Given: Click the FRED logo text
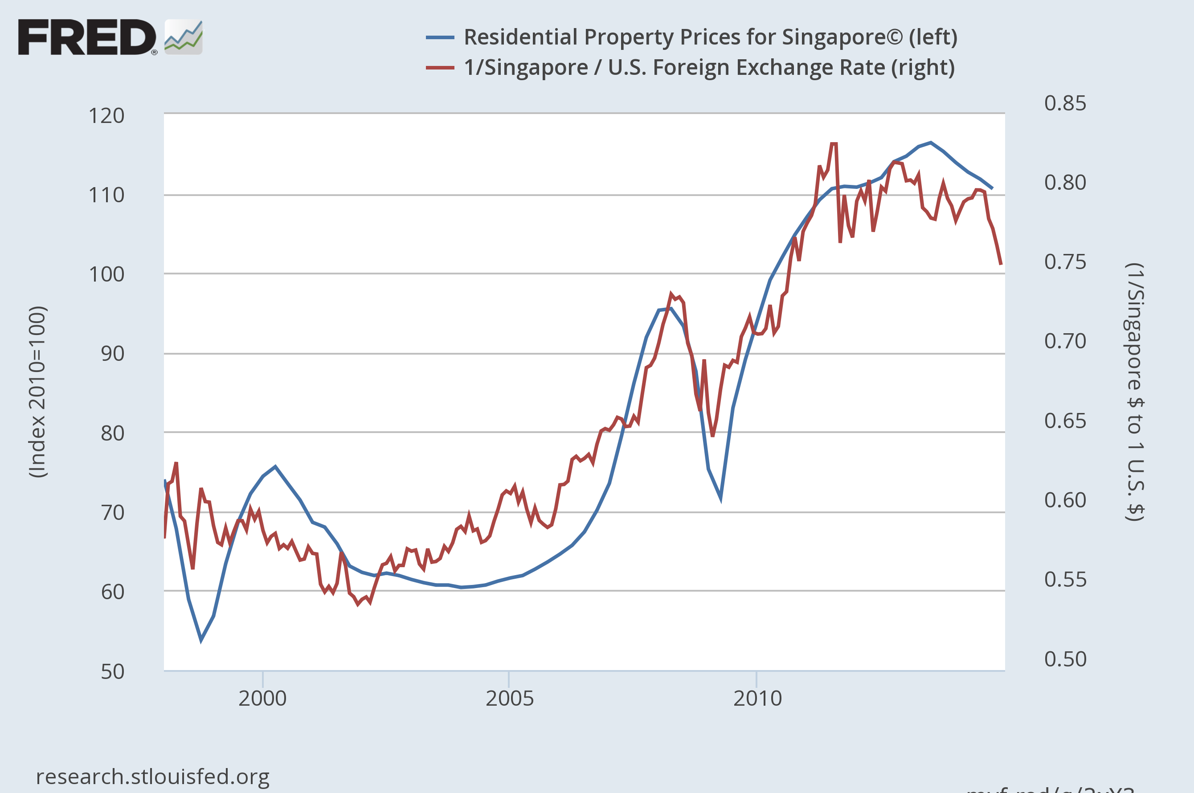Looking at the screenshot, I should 87,37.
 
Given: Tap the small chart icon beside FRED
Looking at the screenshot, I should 184,37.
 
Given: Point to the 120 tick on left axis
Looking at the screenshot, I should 106,116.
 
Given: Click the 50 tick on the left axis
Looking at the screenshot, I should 112,672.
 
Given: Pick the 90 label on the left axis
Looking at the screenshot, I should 112,354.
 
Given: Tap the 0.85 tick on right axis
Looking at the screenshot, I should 1065,103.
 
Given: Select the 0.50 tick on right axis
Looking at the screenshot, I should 1065,659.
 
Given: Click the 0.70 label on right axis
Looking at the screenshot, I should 1065,341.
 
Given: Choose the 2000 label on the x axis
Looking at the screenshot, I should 262,699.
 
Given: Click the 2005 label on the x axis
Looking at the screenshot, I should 510,699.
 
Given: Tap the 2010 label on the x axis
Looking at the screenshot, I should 757,699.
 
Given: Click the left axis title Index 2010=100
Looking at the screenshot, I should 38,392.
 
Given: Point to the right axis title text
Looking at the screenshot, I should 1134,392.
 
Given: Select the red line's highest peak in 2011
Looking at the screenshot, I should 834,144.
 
